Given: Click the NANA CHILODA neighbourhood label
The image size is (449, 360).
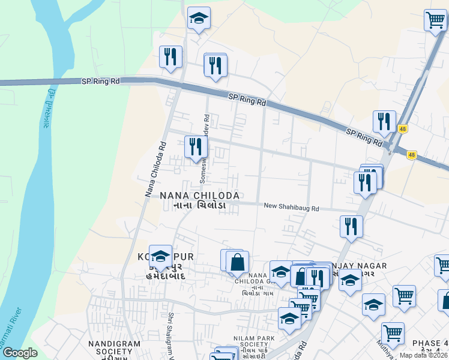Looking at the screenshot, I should tap(200, 196).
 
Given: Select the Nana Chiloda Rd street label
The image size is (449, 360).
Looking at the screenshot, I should tap(155, 169).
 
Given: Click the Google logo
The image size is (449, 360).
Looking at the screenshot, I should tap(20, 353).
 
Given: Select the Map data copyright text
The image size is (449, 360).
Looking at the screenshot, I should tap(423, 355).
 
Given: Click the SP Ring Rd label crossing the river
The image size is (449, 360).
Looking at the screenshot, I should tap(100, 80).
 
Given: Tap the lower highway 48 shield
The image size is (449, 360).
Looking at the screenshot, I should tap(411, 155).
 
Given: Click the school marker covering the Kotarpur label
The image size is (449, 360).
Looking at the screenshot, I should tap(160, 258).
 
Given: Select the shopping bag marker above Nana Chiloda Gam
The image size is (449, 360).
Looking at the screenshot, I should tap(238, 263).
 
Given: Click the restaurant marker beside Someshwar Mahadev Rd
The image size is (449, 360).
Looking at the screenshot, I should tap(196, 147).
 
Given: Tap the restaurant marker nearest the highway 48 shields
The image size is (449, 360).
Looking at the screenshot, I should tap(384, 122).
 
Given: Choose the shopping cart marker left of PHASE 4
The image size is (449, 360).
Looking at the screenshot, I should tap(392, 334).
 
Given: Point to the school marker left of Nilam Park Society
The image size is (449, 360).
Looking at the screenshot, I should tap(289, 319).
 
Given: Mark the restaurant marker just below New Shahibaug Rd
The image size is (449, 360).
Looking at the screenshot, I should tap(351, 227).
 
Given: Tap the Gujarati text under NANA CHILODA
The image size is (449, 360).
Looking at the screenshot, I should tap(199, 206).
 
